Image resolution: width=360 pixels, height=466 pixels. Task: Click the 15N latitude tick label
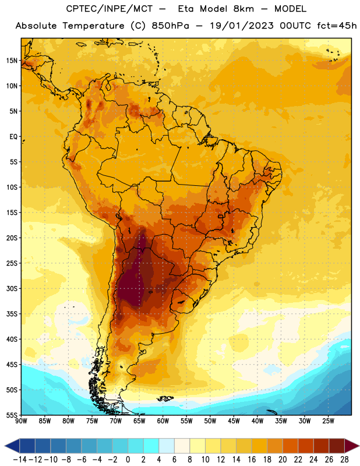pyautogui.click(x=12, y=61)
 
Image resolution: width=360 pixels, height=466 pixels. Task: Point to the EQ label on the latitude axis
pyautogui.click(x=13, y=137)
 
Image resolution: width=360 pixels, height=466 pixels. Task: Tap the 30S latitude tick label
pyautogui.click(x=12, y=288)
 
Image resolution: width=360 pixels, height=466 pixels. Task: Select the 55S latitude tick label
pyautogui.click(x=12, y=415)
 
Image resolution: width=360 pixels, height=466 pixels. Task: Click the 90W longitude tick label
pyautogui.click(x=22, y=421)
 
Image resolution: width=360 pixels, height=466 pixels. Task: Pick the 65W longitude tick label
pyautogui.click(x=139, y=421)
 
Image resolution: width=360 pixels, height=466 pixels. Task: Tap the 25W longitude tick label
pyautogui.click(x=329, y=421)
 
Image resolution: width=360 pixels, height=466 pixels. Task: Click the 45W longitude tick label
pyautogui.click(x=234, y=421)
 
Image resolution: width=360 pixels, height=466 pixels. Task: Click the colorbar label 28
pyautogui.click(x=344, y=460)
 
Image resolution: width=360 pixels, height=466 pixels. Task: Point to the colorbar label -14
pyautogui.click(x=20, y=460)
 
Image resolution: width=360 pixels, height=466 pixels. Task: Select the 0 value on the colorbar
pyautogui.click(x=128, y=460)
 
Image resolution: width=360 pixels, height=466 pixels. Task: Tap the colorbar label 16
pyautogui.click(x=252, y=460)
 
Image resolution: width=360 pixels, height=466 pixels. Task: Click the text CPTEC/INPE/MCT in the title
pyautogui.click(x=110, y=9)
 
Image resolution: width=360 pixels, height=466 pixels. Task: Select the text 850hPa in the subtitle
pyautogui.click(x=170, y=26)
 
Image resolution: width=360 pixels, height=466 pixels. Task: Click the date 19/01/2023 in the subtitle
pyautogui.click(x=242, y=26)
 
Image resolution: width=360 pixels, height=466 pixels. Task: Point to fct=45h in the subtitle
pyautogui.click(x=337, y=26)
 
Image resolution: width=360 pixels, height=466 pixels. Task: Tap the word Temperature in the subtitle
pyautogui.click(x=93, y=26)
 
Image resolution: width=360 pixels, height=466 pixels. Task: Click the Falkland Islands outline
pyautogui.click(x=165, y=398)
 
